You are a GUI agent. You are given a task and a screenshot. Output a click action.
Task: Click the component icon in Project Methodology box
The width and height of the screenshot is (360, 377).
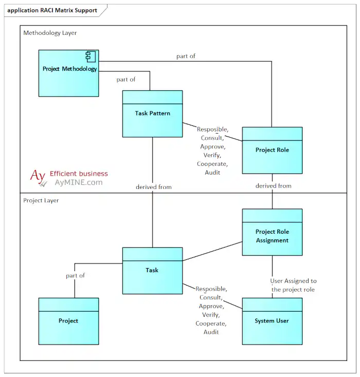92,55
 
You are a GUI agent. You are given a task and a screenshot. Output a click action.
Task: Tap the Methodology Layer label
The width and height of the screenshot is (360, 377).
50,33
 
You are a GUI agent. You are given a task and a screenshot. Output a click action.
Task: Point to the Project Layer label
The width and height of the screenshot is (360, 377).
41,200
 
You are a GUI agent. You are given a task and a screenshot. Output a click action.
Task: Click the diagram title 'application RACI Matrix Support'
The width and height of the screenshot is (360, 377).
52,10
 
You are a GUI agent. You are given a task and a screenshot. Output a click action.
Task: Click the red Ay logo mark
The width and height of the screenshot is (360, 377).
38,176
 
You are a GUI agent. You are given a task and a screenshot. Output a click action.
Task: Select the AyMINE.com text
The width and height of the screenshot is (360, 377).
78,182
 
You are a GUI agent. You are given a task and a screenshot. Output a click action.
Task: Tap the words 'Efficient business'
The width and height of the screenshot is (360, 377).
79,174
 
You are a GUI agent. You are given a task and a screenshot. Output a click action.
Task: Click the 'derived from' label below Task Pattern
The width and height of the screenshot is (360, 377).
154,187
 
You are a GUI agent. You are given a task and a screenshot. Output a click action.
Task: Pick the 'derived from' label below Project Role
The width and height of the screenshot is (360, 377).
273,186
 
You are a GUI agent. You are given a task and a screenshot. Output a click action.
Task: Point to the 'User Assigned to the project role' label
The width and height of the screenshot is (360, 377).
294,285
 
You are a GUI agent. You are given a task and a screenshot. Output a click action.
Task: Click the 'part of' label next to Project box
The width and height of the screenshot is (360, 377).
75,276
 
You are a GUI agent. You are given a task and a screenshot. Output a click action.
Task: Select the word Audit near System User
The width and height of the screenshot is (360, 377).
211,332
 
